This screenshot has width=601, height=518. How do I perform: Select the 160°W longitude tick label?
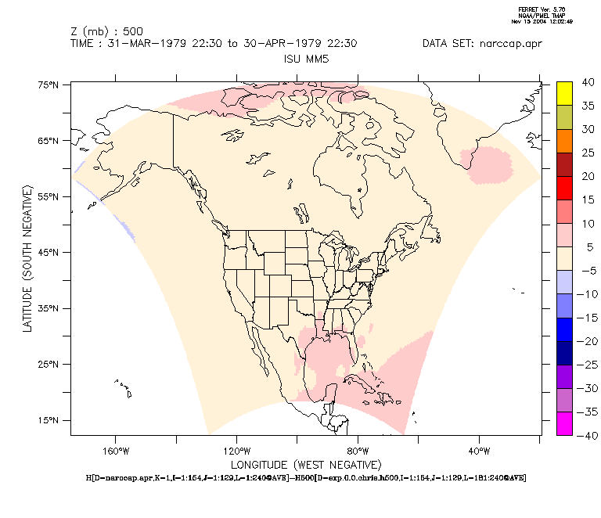point(115,451)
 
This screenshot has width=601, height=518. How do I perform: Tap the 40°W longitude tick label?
point(479,451)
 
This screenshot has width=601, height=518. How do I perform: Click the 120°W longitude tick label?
point(236,451)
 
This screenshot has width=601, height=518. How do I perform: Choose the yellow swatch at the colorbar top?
point(564,92)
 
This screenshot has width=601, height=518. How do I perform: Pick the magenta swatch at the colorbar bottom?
point(564,423)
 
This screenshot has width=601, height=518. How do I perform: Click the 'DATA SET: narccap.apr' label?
point(481,44)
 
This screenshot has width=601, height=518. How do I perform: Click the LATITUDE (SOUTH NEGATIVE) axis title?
point(27,258)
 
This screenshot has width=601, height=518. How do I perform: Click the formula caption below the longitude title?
point(305,477)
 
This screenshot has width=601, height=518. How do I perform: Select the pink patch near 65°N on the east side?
point(489,162)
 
